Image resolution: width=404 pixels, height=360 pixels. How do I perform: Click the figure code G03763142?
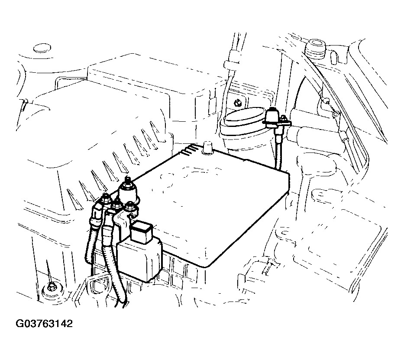44,324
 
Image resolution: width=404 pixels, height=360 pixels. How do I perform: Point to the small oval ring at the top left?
42,48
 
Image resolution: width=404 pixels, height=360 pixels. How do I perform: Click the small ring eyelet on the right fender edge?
335,114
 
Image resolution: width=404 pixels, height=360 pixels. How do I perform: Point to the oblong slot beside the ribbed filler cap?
334,57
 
